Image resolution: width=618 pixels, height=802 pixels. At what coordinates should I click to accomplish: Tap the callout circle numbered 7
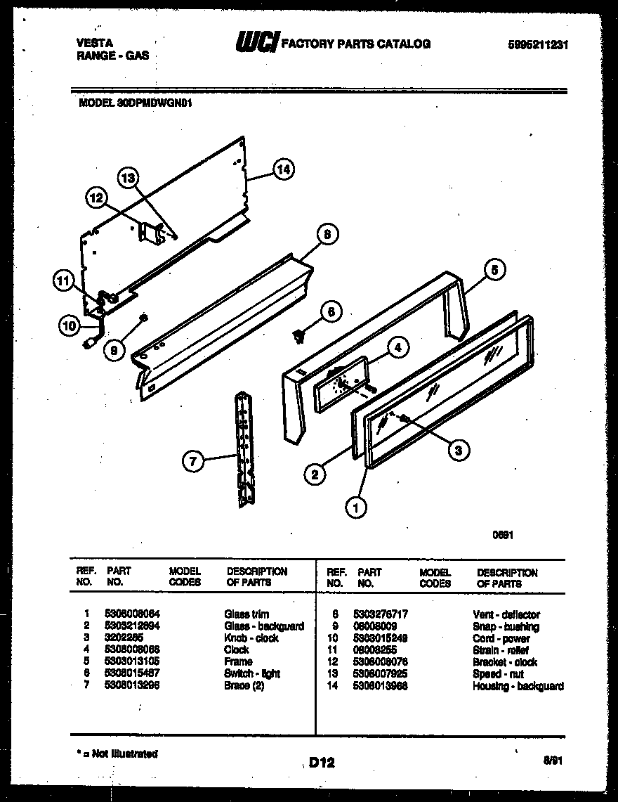pos(192,461)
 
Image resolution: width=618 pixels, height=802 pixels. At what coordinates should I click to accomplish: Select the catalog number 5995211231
pos(537,44)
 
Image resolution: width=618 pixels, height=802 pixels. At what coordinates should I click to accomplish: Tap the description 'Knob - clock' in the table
pos(251,638)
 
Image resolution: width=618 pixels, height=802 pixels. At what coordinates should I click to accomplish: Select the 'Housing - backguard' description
pos(518,686)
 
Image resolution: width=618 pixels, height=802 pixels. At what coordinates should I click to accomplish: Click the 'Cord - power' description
pos(501,638)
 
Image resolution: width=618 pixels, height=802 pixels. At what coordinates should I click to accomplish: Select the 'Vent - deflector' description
pos(506,614)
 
